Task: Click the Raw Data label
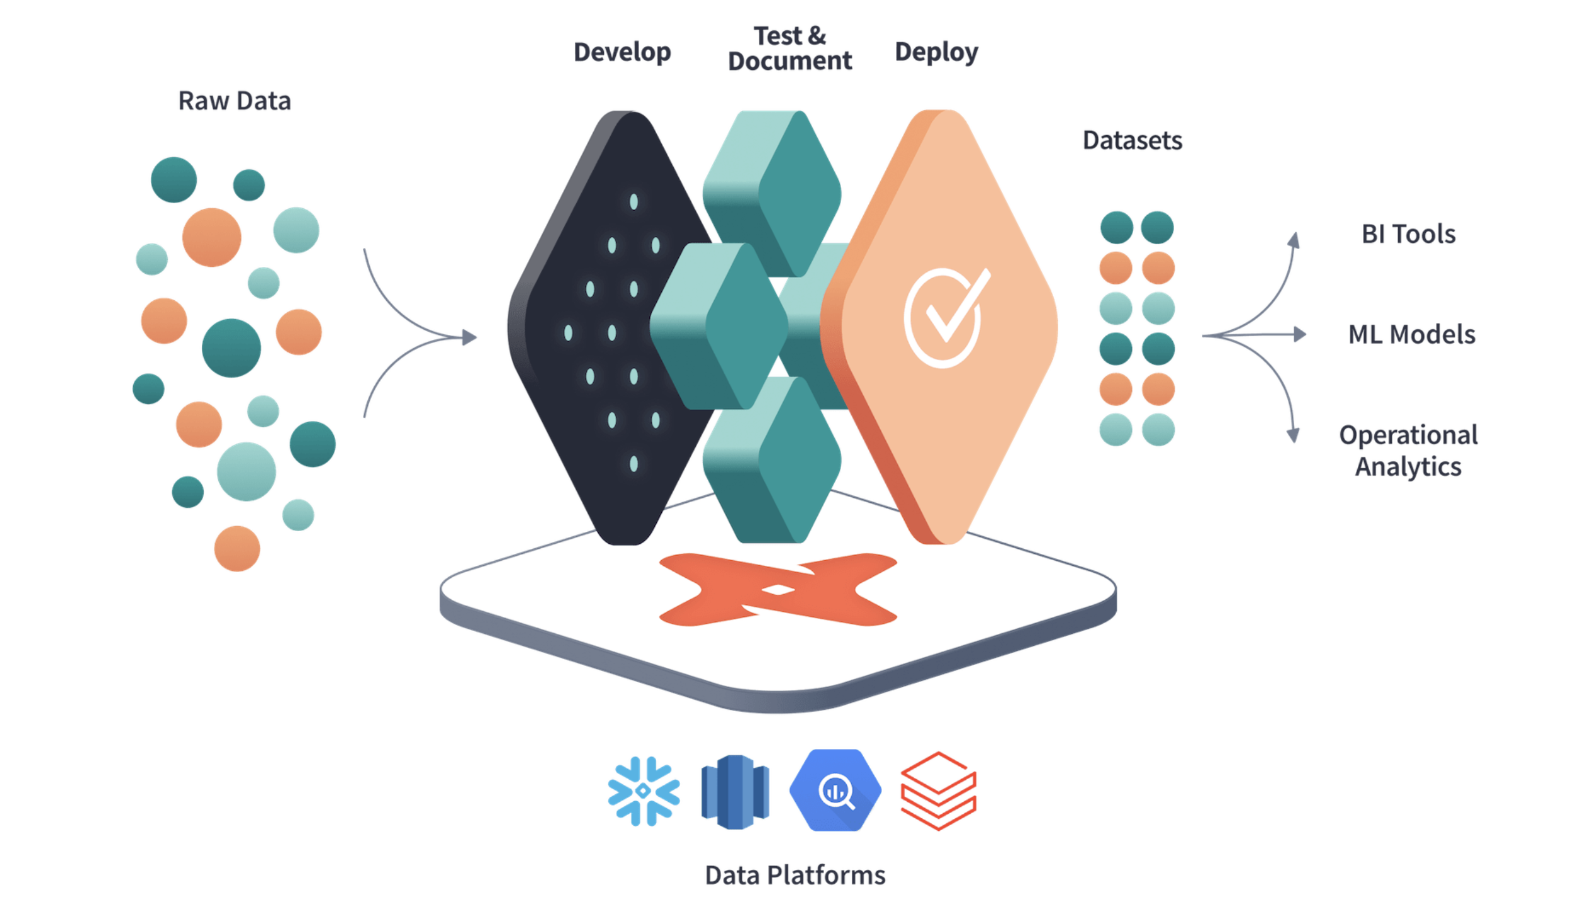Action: point(234,101)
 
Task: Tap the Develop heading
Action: point(621,52)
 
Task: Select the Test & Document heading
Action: point(789,49)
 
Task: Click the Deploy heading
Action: point(936,52)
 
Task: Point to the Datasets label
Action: point(1132,140)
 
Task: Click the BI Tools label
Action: point(1408,234)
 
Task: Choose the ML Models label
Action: point(1411,334)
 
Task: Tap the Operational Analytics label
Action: point(1408,450)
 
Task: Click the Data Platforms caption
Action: point(795,875)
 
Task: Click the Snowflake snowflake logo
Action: point(644,791)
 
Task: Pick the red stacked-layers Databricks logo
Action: point(938,791)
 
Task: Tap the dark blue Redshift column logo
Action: point(735,792)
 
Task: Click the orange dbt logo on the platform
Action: point(777,590)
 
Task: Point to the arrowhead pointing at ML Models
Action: point(1300,334)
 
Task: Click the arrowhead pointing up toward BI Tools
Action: point(1294,240)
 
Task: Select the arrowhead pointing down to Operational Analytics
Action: point(1293,435)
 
